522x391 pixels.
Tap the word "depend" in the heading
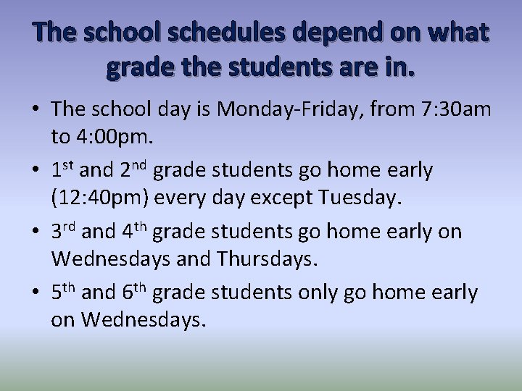[x=334, y=34]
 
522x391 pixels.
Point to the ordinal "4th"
[x=135, y=232]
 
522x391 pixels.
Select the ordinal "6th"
[x=135, y=293]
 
